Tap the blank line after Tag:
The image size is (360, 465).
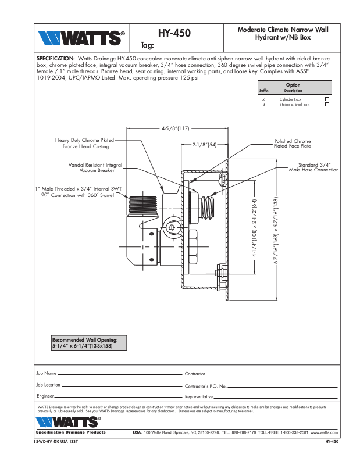coord(187,45)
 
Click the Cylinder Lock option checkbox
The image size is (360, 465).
coord(327,99)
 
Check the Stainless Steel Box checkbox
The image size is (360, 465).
coord(327,105)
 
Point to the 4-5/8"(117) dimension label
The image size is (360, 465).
coord(176,128)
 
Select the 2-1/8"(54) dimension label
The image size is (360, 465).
coord(204,144)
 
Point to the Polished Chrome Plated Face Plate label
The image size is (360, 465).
coord(293,144)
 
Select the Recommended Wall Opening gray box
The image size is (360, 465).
coord(89,342)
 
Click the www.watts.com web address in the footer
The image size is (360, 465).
coord(325,433)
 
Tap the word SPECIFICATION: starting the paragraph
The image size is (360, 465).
coord(55,59)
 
